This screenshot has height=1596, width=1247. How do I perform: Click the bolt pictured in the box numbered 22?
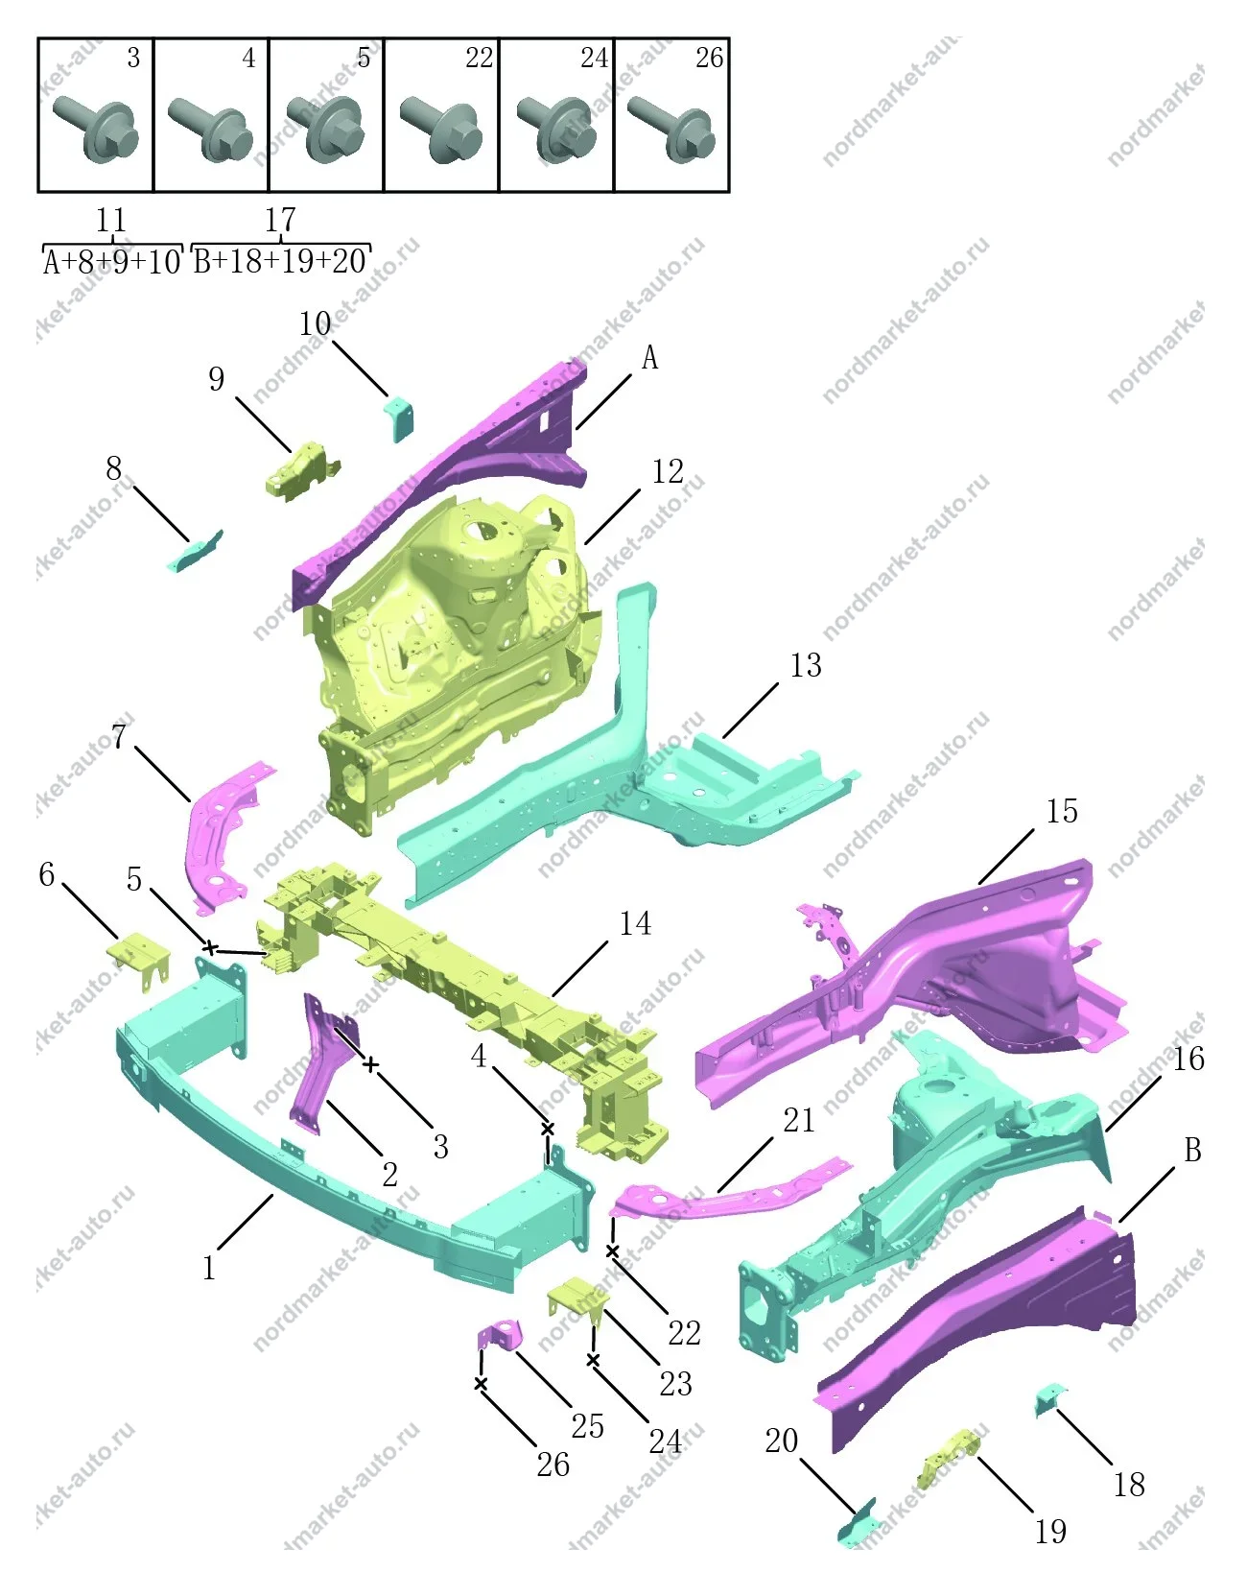(x=441, y=130)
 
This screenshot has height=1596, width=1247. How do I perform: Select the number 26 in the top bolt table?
(x=709, y=58)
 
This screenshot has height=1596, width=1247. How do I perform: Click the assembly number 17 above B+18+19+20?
(x=280, y=219)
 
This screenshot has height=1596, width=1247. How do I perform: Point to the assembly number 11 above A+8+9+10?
(x=111, y=219)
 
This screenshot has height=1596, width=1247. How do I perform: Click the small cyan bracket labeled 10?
(x=400, y=417)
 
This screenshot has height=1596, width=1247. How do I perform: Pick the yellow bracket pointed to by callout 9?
(x=301, y=471)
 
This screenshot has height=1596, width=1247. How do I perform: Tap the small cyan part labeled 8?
(x=194, y=552)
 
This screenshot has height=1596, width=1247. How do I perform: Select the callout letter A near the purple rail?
(x=649, y=358)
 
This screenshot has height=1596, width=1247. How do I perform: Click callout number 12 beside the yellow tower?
(x=668, y=472)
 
